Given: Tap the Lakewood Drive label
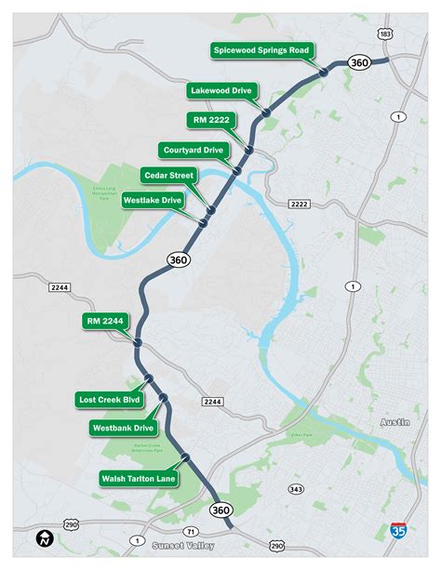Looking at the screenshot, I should coord(221,91).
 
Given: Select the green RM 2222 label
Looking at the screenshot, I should coord(212,120).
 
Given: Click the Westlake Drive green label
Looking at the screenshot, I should coord(154,199).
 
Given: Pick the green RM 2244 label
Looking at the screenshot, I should coord(105,322).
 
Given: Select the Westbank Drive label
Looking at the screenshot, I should coord(123,429).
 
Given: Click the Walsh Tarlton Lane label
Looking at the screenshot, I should coord(138,478).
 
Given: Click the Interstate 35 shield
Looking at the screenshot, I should coord(398,531).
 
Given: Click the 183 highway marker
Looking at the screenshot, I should coord(385,33).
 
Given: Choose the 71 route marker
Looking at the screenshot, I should coord(192,530).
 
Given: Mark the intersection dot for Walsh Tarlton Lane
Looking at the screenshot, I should coord(185,457).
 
